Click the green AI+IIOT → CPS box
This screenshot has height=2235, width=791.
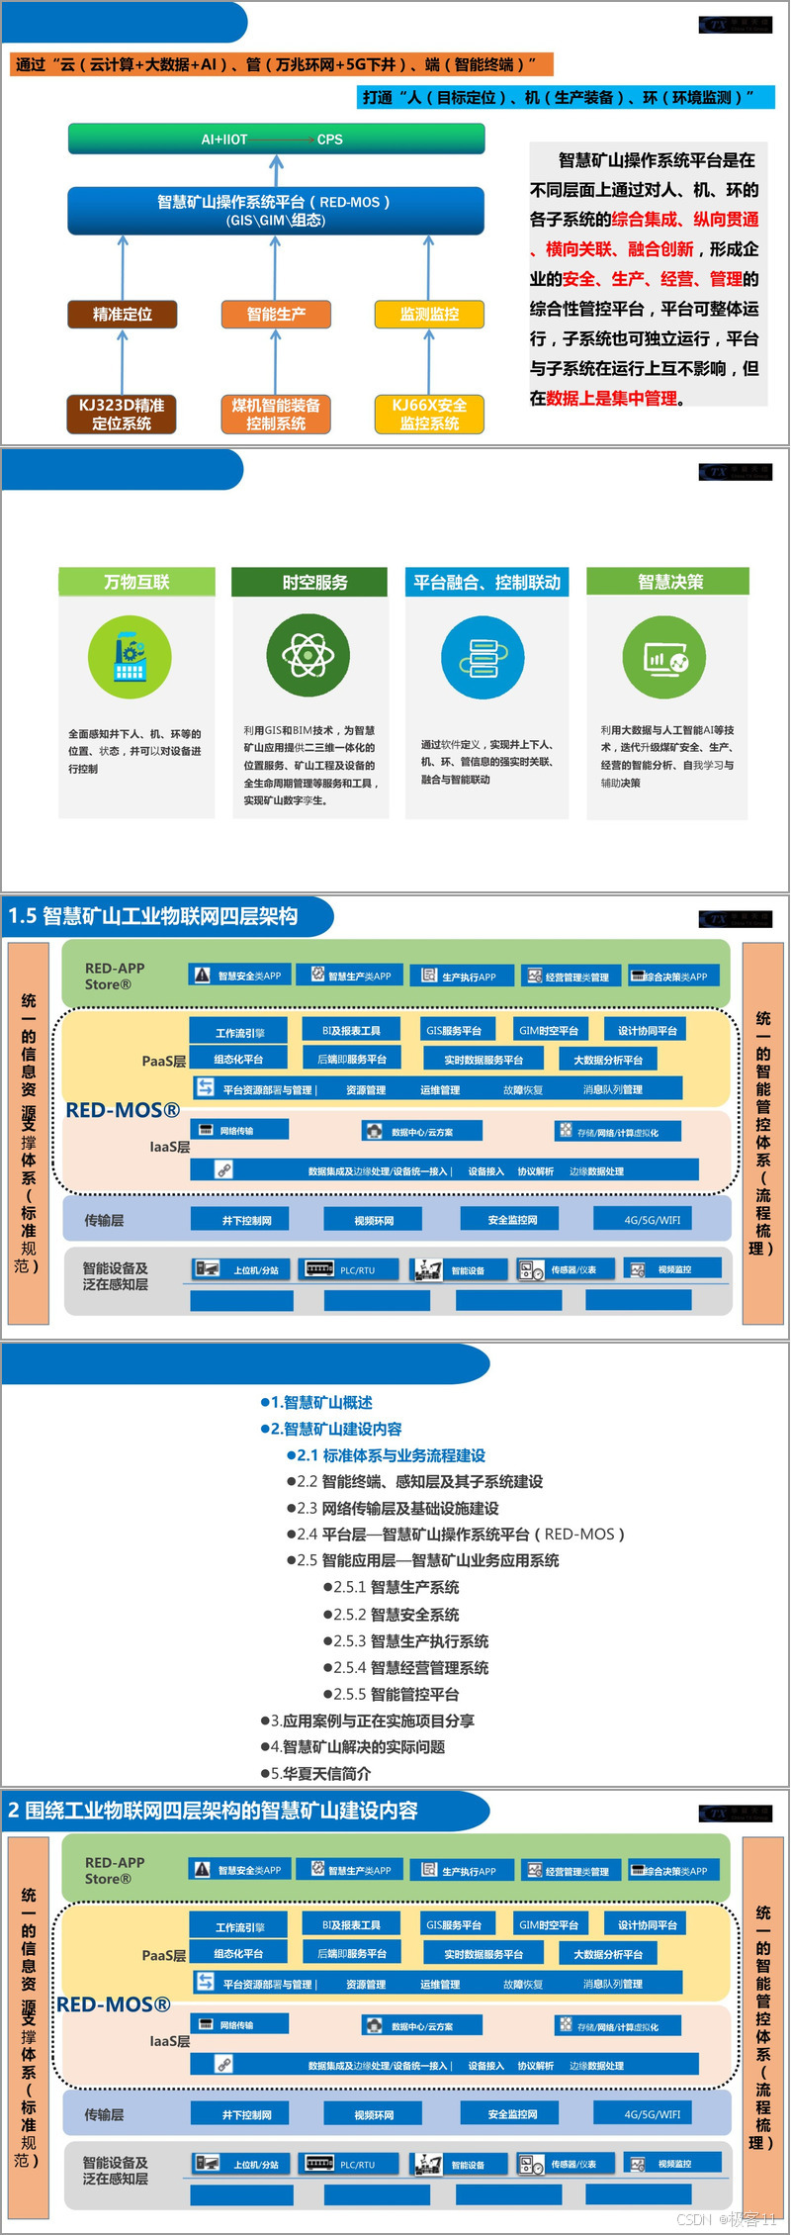[276, 140]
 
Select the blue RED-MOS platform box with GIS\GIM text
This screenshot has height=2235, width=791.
[276, 210]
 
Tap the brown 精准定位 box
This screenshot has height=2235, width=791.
[123, 315]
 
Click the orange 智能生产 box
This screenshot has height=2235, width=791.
[276, 315]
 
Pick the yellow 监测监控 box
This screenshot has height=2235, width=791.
[429, 315]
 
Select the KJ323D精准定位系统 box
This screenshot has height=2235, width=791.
[123, 415]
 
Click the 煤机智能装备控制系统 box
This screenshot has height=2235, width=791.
[276, 415]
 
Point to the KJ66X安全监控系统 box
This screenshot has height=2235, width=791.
[429, 415]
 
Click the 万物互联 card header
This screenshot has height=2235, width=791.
[136, 582]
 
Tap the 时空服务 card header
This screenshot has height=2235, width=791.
[314, 582]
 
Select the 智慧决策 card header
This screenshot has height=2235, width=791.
[668, 582]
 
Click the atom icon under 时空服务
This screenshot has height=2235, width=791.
[308, 655]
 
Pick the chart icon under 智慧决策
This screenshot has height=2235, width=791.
[664, 658]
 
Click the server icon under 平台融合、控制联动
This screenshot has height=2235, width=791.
[483, 657]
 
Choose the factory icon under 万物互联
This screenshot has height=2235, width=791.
[130, 657]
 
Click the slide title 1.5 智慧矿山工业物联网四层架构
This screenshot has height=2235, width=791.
[153, 916]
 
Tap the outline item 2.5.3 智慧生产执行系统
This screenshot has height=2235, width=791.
[409, 1641]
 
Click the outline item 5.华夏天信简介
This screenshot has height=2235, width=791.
[316, 1774]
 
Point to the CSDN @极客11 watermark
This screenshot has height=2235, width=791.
[727, 2219]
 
